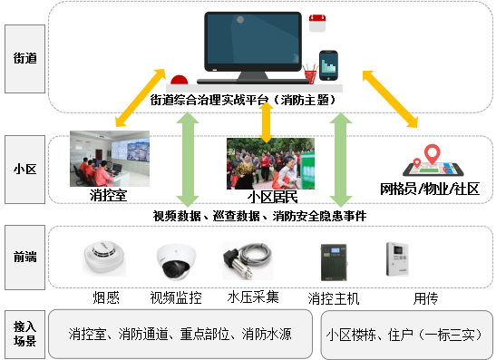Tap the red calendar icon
point(317,23)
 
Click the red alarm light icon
point(179,79)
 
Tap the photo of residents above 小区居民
point(270,162)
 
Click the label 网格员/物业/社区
point(430,190)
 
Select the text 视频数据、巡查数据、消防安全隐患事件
point(259,216)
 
